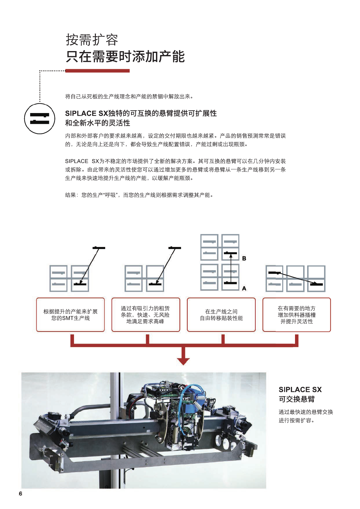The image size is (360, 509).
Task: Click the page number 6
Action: (21, 494)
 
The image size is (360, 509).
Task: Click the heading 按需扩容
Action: (92, 40)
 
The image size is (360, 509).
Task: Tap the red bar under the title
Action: (97, 71)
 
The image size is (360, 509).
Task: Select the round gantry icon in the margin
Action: (40, 119)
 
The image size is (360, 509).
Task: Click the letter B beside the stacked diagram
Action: (244, 258)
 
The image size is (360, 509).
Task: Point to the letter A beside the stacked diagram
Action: (244, 288)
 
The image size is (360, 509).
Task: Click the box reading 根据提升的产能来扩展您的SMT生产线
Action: (70, 315)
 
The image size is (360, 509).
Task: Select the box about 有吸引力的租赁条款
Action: (146, 315)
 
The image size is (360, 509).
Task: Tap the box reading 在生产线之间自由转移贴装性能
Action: (221, 315)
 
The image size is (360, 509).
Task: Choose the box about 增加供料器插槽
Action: (297, 315)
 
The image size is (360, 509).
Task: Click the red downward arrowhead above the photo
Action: (183, 361)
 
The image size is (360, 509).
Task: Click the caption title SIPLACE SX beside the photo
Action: (300, 390)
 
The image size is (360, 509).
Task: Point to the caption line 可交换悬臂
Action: (297, 399)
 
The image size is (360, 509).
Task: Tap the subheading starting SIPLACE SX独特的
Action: (141, 113)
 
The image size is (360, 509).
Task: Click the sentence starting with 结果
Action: (140, 195)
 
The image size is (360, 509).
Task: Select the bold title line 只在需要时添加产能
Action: (125, 57)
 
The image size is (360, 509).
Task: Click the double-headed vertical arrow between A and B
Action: (231, 268)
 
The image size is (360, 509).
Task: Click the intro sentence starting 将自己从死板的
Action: (129, 97)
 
